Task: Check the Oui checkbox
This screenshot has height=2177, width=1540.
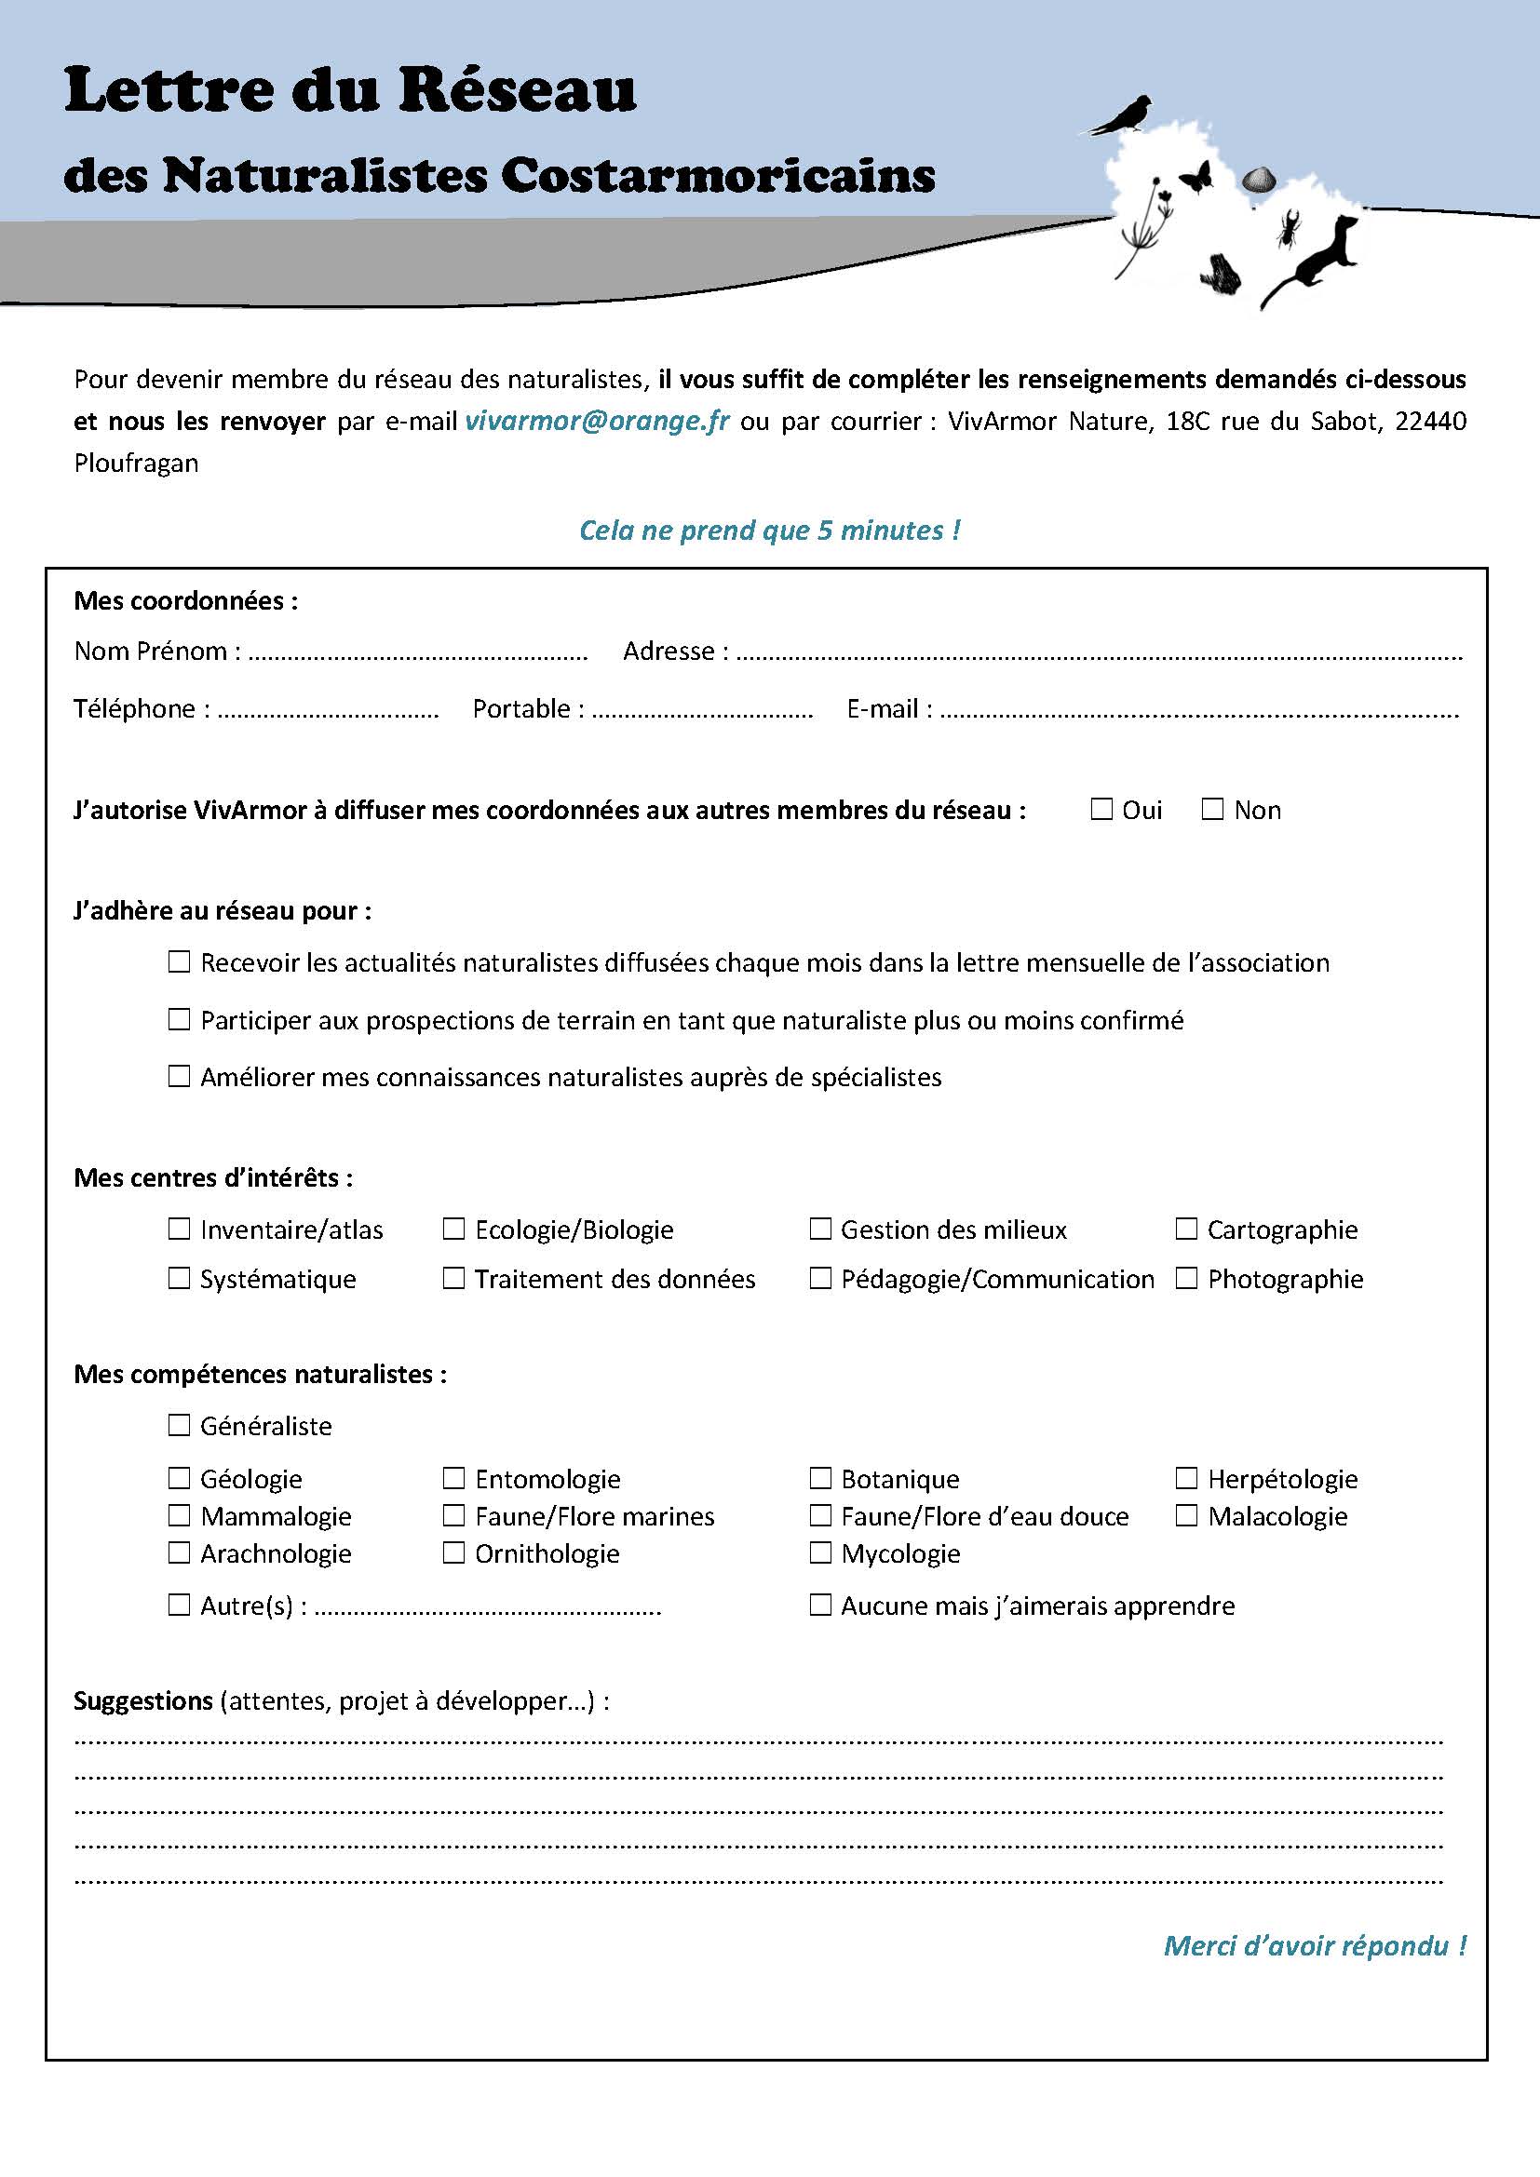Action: click(1101, 809)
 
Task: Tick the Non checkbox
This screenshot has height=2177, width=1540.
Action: click(1212, 809)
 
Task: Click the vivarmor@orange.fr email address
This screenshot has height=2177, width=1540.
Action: click(598, 421)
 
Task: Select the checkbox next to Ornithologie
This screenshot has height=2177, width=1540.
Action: click(454, 1552)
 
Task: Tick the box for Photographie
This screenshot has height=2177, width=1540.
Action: click(1186, 1278)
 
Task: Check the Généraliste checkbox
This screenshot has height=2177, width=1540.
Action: click(179, 1424)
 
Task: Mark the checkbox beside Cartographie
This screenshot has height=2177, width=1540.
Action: click(1186, 1229)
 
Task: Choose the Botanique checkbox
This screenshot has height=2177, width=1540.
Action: click(820, 1478)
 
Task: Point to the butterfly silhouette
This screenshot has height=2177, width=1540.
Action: click(1196, 178)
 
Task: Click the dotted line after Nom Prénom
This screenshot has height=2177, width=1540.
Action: click(417, 654)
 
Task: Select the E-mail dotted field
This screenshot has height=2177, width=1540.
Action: click(1198, 712)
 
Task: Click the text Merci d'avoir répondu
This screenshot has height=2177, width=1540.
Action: click(1315, 1946)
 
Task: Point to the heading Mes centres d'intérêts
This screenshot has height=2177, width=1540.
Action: click(213, 1177)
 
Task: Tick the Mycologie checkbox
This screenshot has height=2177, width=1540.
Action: click(820, 1552)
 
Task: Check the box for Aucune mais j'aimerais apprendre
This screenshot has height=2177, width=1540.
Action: click(820, 1605)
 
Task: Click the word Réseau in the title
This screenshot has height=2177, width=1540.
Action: click(517, 91)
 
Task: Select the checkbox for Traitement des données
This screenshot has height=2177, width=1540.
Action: click(454, 1278)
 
